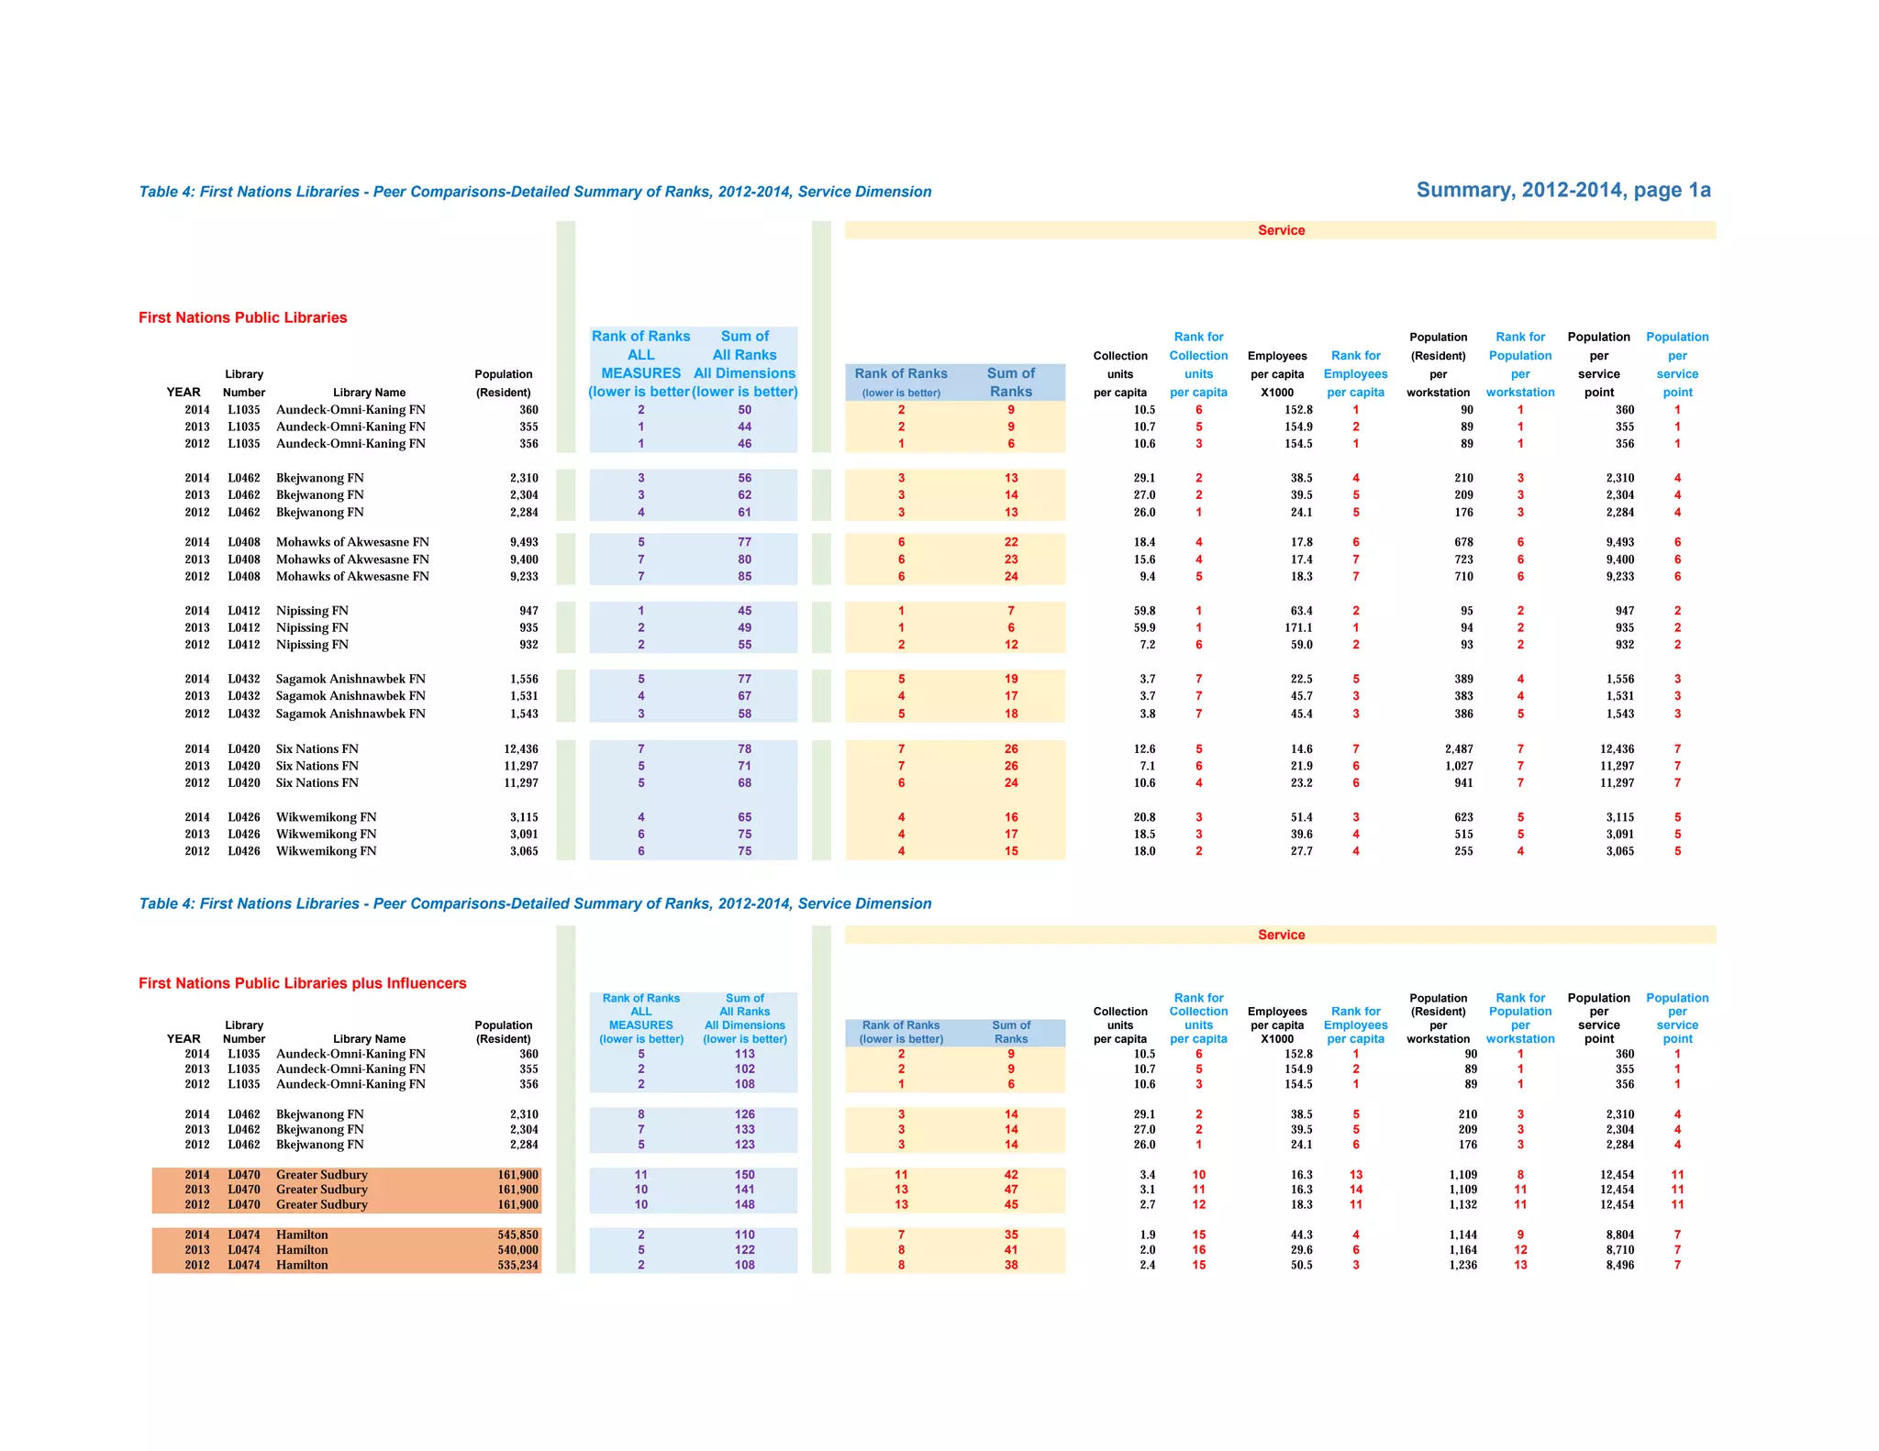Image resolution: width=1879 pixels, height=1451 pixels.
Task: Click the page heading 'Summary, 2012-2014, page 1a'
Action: [1562, 190]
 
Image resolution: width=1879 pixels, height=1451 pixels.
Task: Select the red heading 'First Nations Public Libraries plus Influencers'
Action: [302, 983]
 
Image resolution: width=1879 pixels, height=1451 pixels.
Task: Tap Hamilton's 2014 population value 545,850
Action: [517, 1235]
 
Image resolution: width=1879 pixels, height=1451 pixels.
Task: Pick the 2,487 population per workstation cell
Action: [1459, 749]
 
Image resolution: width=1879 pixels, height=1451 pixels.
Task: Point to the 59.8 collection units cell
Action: [1144, 611]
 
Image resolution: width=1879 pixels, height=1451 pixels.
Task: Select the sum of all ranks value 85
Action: [744, 577]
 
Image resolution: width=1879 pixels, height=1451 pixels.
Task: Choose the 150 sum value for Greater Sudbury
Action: [744, 1175]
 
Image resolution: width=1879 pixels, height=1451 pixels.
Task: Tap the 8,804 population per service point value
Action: [1619, 1235]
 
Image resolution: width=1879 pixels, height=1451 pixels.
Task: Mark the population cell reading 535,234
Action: [517, 1265]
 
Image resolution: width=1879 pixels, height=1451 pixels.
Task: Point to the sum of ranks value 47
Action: [1010, 1190]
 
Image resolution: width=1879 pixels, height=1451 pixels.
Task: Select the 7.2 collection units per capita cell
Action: [1147, 645]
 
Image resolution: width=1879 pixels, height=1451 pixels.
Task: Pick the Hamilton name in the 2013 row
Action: [302, 1250]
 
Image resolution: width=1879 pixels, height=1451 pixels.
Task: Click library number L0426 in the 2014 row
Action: [244, 817]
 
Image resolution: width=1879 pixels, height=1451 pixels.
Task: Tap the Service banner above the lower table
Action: [1281, 935]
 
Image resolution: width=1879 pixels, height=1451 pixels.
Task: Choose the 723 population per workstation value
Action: [1463, 559]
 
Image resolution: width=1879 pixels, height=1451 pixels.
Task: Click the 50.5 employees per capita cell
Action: [1301, 1265]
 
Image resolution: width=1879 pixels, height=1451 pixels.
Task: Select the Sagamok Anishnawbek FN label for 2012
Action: [350, 714]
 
